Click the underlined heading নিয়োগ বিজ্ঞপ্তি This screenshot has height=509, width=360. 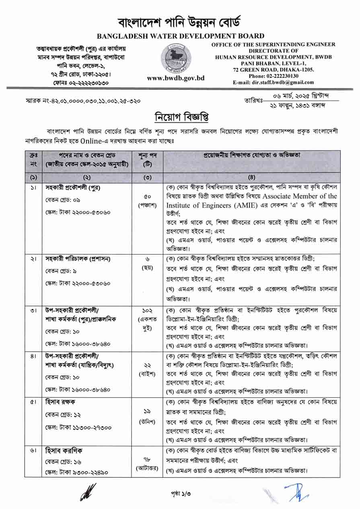coord(180,117)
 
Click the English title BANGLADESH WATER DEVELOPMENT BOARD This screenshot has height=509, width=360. coord(180,36)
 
